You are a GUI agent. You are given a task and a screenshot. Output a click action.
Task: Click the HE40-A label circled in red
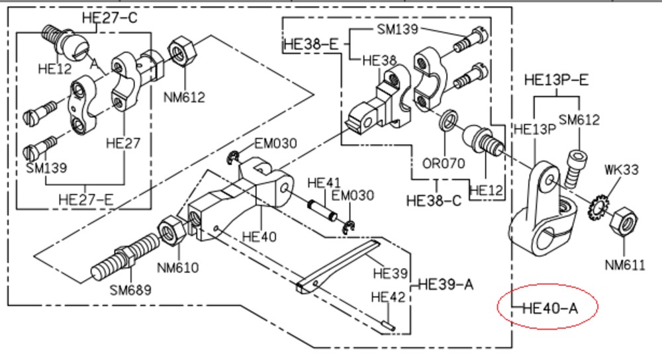(x=550, y=308)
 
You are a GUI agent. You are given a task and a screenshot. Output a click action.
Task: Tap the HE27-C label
(x=110, y=18)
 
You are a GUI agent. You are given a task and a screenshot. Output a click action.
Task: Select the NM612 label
(x=184, y=97)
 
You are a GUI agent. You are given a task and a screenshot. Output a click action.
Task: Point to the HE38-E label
(x=312, y=44)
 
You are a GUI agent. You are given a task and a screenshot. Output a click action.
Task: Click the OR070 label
(x=444, y=163)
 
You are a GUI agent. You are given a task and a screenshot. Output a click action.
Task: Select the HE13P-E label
(x=557, y=80)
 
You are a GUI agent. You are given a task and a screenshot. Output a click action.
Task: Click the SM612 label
(x=579, y=120)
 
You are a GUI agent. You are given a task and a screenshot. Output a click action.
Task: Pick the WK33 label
(x=622, y=169)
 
